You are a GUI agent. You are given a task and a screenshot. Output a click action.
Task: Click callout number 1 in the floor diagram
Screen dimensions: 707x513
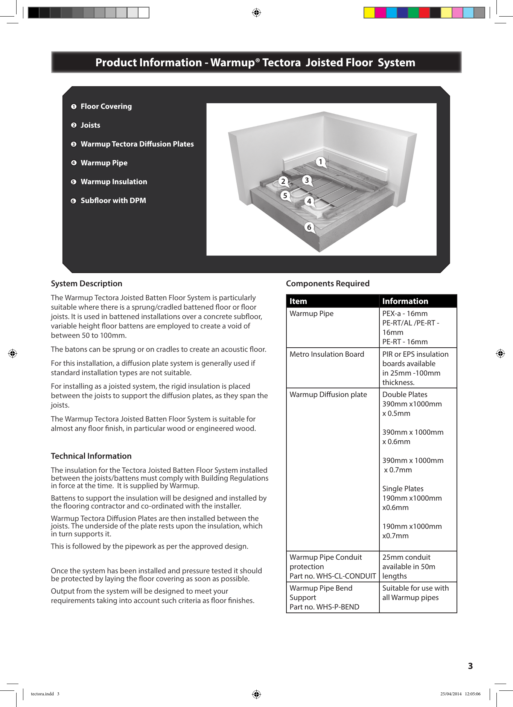tap(320, 162)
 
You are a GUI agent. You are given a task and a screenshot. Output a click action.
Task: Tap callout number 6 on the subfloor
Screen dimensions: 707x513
tap(309, 227)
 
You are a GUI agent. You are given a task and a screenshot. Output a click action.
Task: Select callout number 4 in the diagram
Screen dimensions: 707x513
tap(309, 201)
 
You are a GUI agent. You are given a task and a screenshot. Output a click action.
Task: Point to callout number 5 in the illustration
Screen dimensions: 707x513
tap(285, 195)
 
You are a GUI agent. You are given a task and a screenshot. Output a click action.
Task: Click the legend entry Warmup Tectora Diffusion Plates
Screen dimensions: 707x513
tap(137, 144)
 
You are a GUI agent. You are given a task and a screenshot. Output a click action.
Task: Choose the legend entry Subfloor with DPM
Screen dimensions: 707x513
tap(113, 200)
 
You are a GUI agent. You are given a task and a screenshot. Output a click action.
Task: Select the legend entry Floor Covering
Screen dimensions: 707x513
tap(106, 106)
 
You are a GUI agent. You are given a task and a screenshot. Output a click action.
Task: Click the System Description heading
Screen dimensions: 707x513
tap(87, 283)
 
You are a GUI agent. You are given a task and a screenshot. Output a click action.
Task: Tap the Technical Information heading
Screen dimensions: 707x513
tap(91, 456)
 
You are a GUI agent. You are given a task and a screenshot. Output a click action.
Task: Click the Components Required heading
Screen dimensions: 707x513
tap(327, 283)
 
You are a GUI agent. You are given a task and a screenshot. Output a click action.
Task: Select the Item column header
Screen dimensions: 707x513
tap(298, 301)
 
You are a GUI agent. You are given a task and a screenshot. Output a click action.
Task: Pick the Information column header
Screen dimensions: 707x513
tap(405, 301)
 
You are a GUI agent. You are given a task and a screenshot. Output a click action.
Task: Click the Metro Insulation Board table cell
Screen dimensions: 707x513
tap(327, 354)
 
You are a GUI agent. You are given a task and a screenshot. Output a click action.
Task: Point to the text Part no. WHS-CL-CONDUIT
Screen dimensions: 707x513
tap(332, 576)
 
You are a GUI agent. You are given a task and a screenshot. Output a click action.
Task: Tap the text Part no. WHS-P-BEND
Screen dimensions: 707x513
tap(324, 607)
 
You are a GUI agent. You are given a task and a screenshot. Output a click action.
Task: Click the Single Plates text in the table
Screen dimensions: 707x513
tap(403, 489)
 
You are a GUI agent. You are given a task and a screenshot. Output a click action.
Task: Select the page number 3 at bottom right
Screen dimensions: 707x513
tap(470, 666)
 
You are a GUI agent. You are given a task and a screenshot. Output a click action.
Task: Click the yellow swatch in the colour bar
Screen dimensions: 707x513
tap(369, 13)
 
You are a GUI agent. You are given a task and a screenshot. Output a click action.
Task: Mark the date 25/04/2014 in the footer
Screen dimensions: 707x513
tap(451, 694)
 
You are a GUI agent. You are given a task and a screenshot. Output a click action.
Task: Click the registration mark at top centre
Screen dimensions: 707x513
tap(256, 13)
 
